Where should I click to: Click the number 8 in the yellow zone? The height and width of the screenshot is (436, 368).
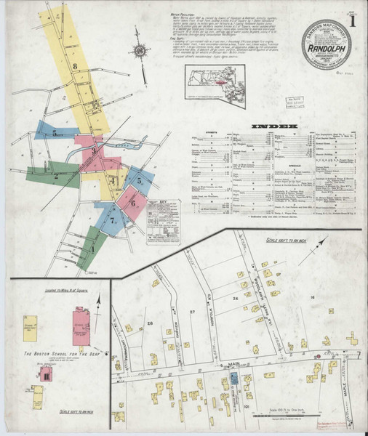[x=75, y=66]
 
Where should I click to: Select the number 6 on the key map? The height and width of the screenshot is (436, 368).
[x=134, y=203]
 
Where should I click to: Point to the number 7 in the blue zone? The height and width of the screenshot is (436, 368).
[x=112, y=219]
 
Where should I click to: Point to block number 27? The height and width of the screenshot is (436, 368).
[x=193, y=311]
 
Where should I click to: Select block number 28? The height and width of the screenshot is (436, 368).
[x=150, y=323]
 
